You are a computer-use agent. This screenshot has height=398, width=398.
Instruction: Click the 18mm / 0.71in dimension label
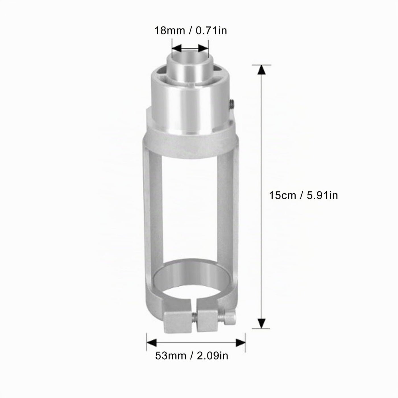(x=191, y=31)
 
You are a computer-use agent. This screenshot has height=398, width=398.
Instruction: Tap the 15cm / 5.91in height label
(x=303, y=195)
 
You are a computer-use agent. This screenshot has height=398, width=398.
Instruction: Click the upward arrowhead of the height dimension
(x=262, y=70)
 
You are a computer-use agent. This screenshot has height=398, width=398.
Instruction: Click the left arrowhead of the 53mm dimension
(x=152, y=343)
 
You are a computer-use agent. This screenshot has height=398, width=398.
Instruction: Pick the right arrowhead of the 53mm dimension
(x=241, y=343)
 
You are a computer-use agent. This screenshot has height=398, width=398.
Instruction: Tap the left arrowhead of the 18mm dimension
(x=177, y=48)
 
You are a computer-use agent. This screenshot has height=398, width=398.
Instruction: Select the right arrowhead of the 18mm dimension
(x=203, y=48)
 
